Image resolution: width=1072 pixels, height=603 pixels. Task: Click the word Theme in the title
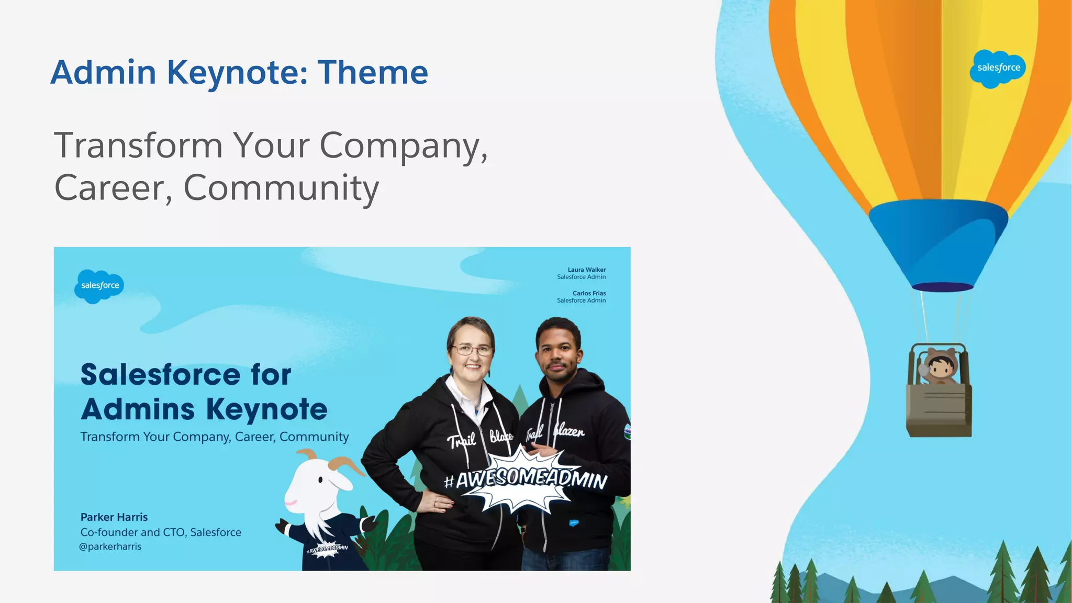373,72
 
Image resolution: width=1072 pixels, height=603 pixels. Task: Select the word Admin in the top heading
104,72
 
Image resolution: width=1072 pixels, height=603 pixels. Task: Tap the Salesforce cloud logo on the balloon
998,68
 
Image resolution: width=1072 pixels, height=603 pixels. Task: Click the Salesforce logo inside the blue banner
99,285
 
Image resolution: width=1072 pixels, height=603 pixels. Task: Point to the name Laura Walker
586,270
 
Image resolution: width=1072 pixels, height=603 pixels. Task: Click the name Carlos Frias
589,293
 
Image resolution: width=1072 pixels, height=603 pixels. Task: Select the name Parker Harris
114,517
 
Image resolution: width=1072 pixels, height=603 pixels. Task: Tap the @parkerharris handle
110,546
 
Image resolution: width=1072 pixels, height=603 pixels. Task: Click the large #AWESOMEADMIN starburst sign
525,479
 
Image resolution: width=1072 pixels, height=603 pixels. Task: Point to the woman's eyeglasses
472,350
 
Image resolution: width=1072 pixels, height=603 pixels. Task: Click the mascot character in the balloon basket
940,366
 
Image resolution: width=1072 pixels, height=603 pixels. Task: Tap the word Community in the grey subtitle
281,188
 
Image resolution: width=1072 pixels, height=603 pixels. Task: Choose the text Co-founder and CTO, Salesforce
161,532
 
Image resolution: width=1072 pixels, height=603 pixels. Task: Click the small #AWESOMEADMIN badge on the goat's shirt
327,549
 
